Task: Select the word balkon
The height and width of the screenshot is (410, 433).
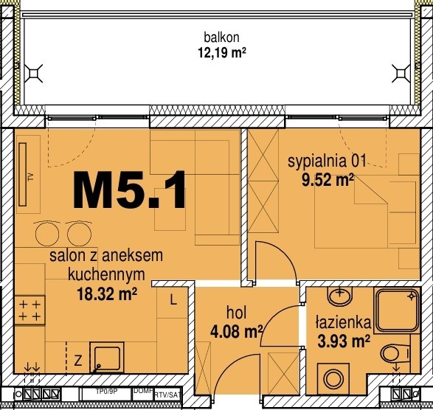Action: pyautogui.click(x=222, y=38)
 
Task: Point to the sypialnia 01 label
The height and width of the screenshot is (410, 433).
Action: pyautogui.click(x=327, y=160)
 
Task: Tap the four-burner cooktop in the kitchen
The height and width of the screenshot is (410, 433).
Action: pyautogui.click(x=30, y=310)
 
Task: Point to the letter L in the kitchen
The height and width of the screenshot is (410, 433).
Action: pyautogui.click(x=172, y=300)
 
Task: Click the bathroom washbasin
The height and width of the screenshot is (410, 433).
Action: pyautogui.click(x=339, y=296)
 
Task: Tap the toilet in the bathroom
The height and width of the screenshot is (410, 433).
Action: pyautogui.click(x=396, y=355)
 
